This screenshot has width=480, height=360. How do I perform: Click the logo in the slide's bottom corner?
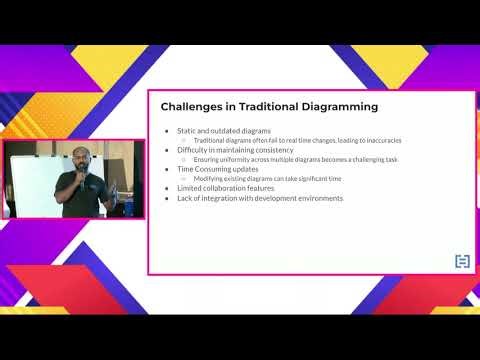462,262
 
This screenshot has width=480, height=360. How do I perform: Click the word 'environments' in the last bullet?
316,198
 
